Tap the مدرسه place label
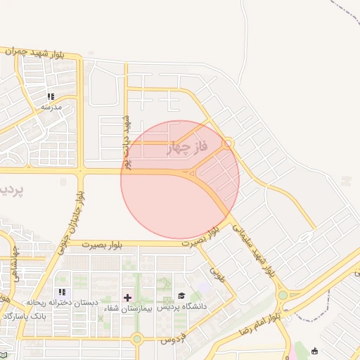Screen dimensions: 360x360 (51, 107)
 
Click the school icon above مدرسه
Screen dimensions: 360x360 (51, 96)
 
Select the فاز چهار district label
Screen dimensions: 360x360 (188, 148)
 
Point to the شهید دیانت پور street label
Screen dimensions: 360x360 (127, 141)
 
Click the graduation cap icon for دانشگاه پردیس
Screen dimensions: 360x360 (181, 297)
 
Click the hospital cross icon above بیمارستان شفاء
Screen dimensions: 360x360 (127, 297)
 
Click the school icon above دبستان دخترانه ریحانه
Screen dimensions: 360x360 (62, 292)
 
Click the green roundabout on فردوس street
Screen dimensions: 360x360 (136, 339)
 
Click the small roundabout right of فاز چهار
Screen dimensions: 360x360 (228, 143)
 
